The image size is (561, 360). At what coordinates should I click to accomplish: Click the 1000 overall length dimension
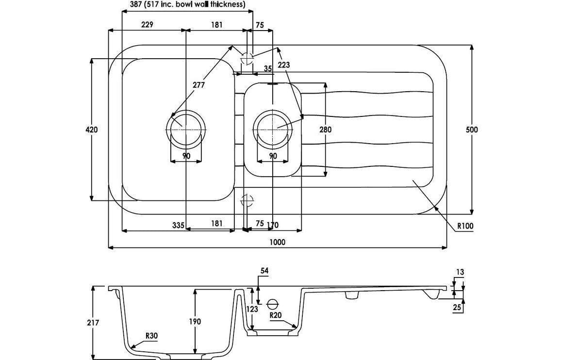(278, 242)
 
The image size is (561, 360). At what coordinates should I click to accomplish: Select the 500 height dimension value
(472, 130)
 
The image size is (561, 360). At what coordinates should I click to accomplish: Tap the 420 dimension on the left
(92, 130)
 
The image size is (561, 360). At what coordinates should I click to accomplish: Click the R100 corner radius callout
(464, 226)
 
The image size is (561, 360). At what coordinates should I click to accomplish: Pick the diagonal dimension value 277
(198, 85)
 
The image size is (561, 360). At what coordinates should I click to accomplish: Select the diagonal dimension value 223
(284, 65)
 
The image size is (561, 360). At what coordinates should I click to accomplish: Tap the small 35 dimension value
(268, 69)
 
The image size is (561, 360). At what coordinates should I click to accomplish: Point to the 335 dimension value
(178, 224)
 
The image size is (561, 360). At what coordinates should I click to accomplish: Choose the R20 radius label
(276, 314)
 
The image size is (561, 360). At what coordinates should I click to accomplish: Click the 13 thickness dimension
(460, 273)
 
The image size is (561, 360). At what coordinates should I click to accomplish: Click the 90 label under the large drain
(186, 156)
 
